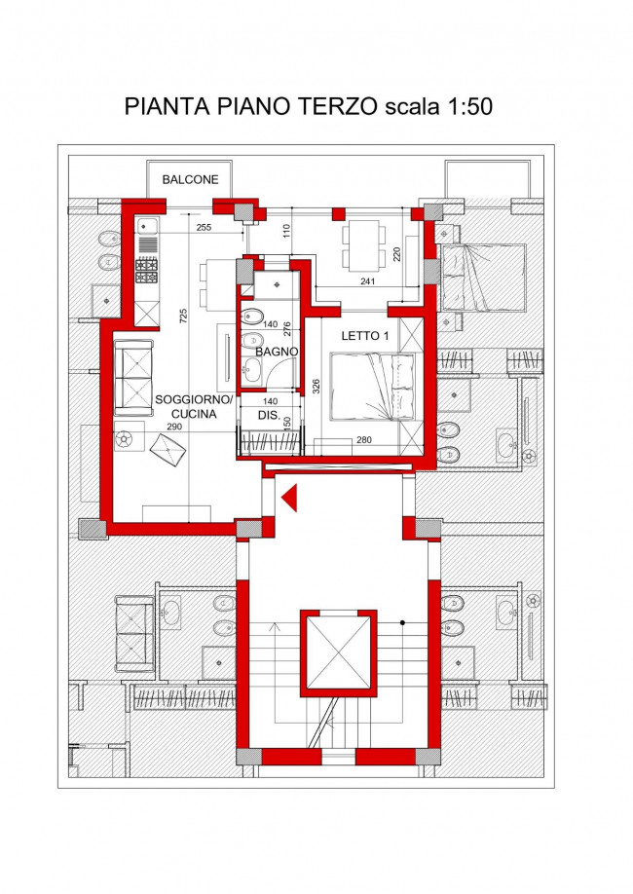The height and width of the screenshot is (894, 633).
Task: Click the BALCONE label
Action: coord(190,179)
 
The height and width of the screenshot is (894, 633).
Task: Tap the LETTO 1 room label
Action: coord(365,336)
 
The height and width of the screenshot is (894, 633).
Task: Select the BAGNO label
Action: coord(277,352)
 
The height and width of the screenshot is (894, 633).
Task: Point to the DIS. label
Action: coord(269,416)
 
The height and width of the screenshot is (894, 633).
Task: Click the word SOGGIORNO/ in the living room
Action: coord(194,399)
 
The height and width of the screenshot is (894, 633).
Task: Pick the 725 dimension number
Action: coord(183,316)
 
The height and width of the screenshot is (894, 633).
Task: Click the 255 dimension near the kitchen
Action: coord(204,228)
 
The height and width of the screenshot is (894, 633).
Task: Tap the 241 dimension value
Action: coord(368,281)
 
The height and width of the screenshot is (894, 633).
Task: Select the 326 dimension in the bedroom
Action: coord(316,388)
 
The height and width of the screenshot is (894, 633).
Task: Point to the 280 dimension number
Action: coord(364,439)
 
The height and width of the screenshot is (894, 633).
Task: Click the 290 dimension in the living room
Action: coord(174,427)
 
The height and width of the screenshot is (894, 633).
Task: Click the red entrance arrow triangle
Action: coord(289,498)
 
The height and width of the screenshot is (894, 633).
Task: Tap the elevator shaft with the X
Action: coord(339,653)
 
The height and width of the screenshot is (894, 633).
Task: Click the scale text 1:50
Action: coord(470,106)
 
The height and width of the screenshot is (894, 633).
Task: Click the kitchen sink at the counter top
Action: coord(147,226)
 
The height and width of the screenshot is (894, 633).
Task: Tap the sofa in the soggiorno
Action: coord(134,378)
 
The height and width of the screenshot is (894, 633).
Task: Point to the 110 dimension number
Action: coord(287,231)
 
